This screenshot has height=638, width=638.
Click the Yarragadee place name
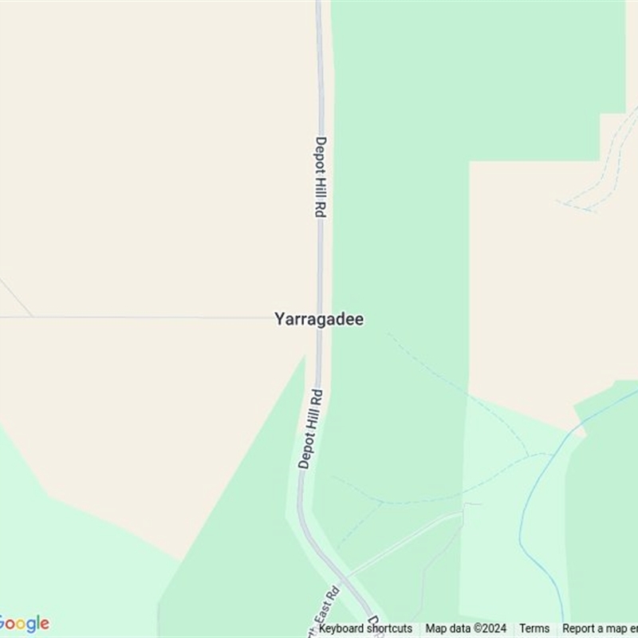319,319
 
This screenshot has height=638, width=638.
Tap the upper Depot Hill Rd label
320,177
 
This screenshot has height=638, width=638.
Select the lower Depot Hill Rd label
310,428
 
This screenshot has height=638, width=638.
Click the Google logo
24,624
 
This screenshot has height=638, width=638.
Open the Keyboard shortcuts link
365,628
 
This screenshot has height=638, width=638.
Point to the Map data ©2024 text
466,628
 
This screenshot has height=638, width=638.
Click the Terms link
534,628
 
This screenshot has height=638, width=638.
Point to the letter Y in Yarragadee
279,319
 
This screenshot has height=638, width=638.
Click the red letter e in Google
45,624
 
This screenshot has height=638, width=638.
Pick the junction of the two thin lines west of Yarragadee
33,317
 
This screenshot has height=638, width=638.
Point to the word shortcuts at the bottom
387,628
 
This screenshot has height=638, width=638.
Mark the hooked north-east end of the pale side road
478,504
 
